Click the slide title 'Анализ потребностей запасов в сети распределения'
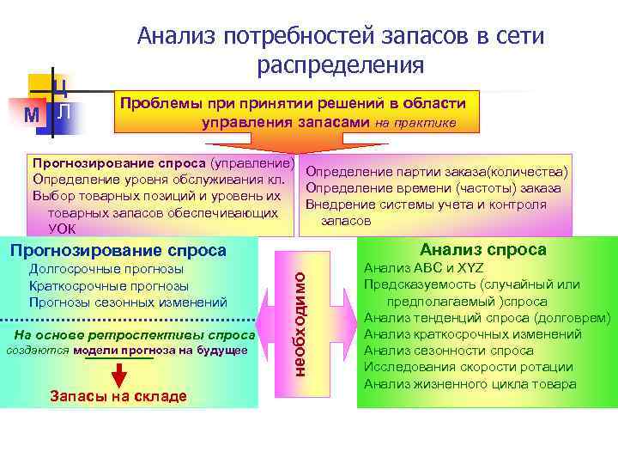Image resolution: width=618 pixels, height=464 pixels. pyautogui.click(x=341, y=50)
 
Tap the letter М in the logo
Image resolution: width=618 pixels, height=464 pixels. pyautogui.click(x=32, y=115)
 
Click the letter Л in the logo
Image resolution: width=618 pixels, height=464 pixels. pyautogui.click(x=64, y=111)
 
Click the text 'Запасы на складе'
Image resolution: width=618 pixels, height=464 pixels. pyautogui.click(x=118, y=396)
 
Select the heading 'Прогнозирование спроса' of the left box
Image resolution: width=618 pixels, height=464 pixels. pyautogui.click(x=117, y=250)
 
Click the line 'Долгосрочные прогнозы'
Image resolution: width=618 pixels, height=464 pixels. pyautogui.click(x=106, y=270)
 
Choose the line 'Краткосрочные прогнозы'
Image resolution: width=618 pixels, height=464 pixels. pyautogui.click(x=110, y=286)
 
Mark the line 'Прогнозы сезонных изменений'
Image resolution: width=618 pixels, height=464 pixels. pyautogui.click(x=128, y=302)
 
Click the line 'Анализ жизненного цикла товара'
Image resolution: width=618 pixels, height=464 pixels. pyautogui.click(x=470, y=383)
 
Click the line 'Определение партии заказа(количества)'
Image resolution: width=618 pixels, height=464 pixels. pyautogui.click(x=438, y=172)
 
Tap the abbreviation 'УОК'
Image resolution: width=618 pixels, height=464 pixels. pyautogui.click(x=63, y=228)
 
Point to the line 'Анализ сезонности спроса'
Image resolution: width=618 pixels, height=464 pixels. pyautogui.click(x=449, y=351)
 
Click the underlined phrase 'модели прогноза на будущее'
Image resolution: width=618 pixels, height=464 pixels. pyautogui.click(x=161, y=351)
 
